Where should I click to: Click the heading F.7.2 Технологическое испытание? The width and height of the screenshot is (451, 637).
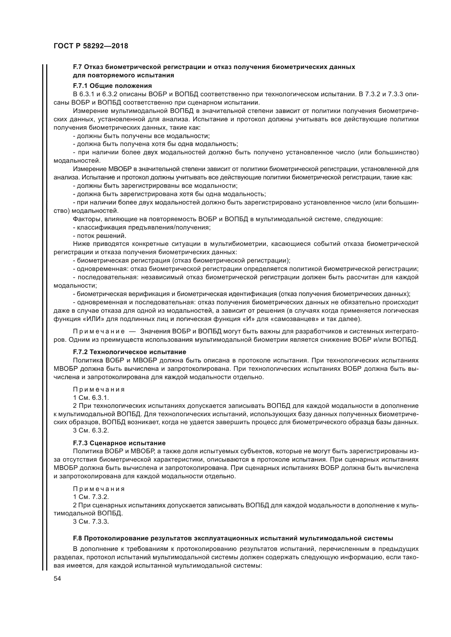pos(129,352)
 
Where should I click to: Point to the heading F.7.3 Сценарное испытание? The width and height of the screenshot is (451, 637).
pos(119,443)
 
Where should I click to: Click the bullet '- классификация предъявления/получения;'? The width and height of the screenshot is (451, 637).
pos(142,227)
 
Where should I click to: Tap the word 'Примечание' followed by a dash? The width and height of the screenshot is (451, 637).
pos(99,332)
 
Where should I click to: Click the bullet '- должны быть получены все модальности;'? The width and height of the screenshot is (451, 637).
pos(141,136)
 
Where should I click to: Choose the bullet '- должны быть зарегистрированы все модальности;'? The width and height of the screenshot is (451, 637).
pos(155,186)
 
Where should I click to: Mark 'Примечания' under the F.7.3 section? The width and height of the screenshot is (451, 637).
pos(99,489)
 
